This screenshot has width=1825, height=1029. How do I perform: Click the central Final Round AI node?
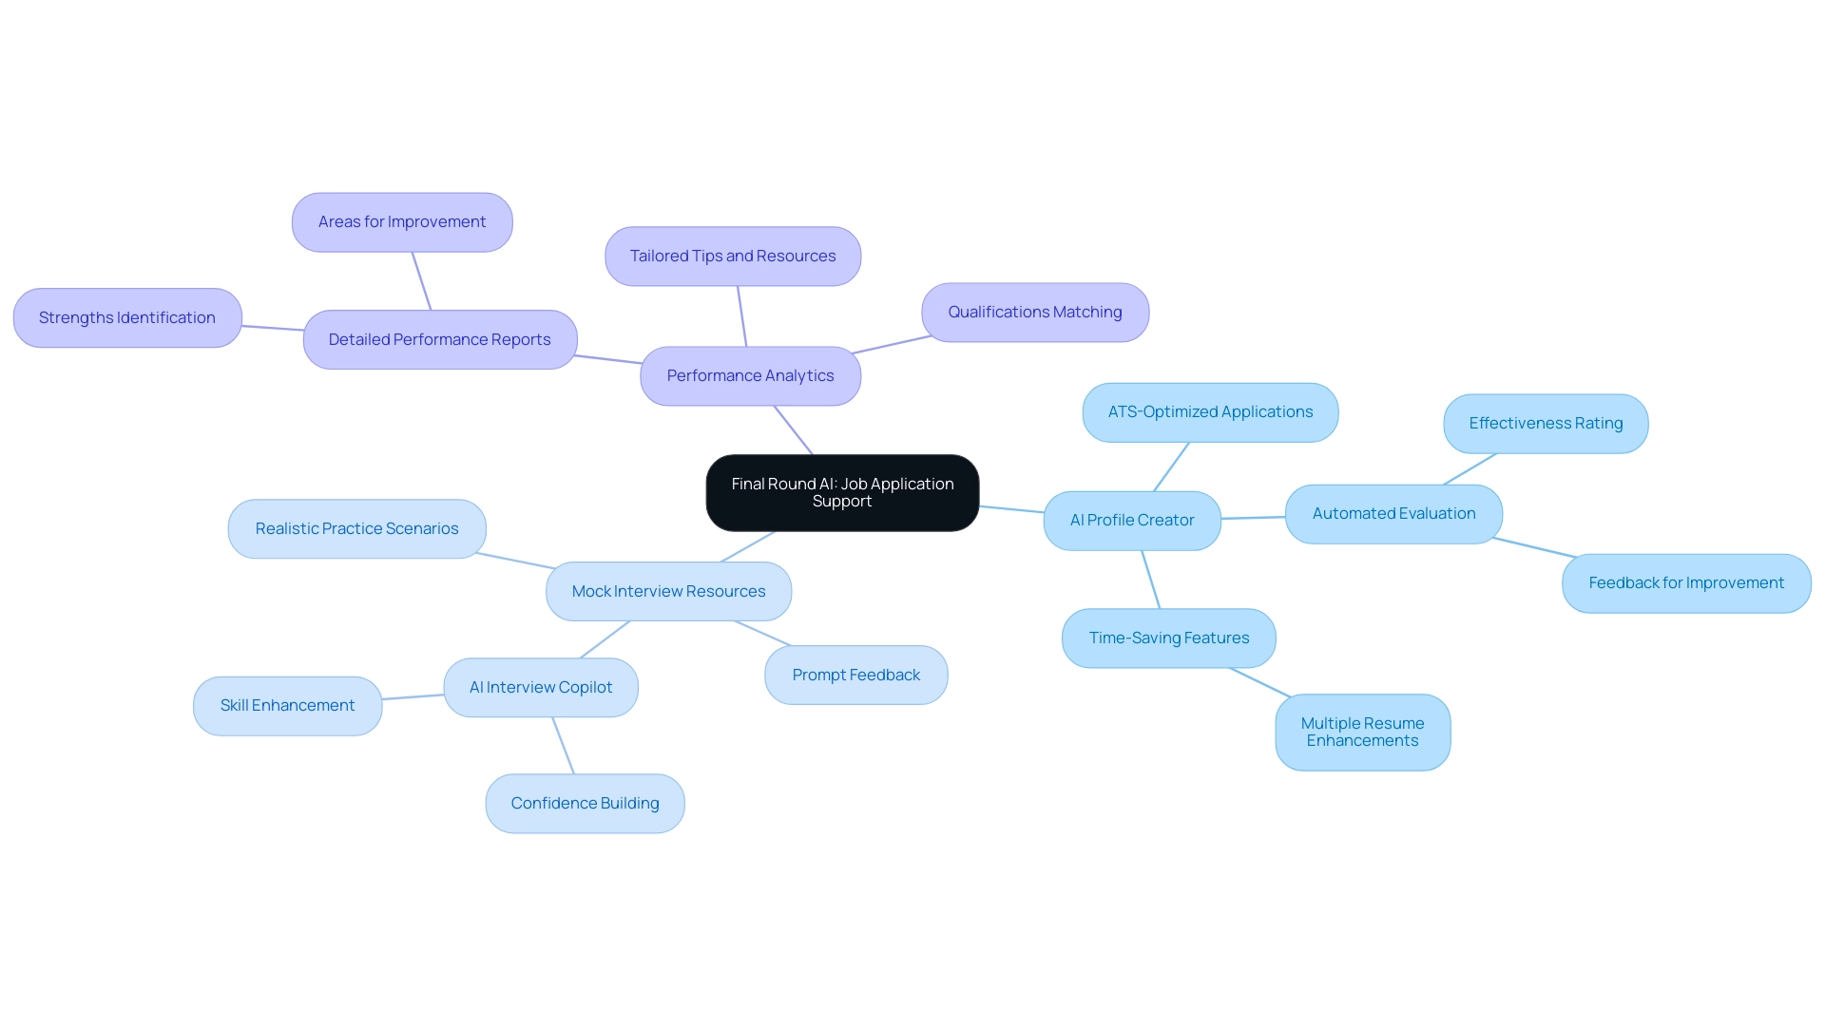pos(842,492)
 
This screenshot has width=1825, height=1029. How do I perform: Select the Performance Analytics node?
pos(750,375)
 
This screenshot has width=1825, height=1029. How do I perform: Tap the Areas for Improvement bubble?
pos(402,221)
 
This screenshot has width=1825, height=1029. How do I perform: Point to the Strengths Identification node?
pos(127,317)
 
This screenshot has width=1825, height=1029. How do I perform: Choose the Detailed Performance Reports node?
pos(439,339)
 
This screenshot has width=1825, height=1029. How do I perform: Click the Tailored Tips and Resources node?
pos(733,256)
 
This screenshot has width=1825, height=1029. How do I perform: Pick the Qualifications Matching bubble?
pos(1035,312)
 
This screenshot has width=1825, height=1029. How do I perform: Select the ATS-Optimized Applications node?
pos(1210,411)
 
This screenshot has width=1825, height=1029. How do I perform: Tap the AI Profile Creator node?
pos(1132,520)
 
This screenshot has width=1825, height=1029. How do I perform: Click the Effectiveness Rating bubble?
pos(1546,423)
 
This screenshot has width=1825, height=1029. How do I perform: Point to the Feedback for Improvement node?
pos(1686,582)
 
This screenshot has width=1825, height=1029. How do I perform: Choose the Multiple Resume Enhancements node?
pos(1362,732)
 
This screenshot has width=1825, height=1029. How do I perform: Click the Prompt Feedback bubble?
pos(855,675)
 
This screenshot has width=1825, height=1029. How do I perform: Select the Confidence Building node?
pos(585,803)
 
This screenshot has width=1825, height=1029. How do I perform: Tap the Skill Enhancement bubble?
pos(287,705)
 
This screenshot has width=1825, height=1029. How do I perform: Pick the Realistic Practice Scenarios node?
pos(356,528)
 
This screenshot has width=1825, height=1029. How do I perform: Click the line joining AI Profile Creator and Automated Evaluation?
pos(1253,518)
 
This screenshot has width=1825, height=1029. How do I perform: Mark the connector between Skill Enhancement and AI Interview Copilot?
pos(413,697)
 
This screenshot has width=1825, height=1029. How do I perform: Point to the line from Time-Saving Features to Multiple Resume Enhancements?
pos(1259,682)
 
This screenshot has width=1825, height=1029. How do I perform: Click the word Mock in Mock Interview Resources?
pos(591,591)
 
